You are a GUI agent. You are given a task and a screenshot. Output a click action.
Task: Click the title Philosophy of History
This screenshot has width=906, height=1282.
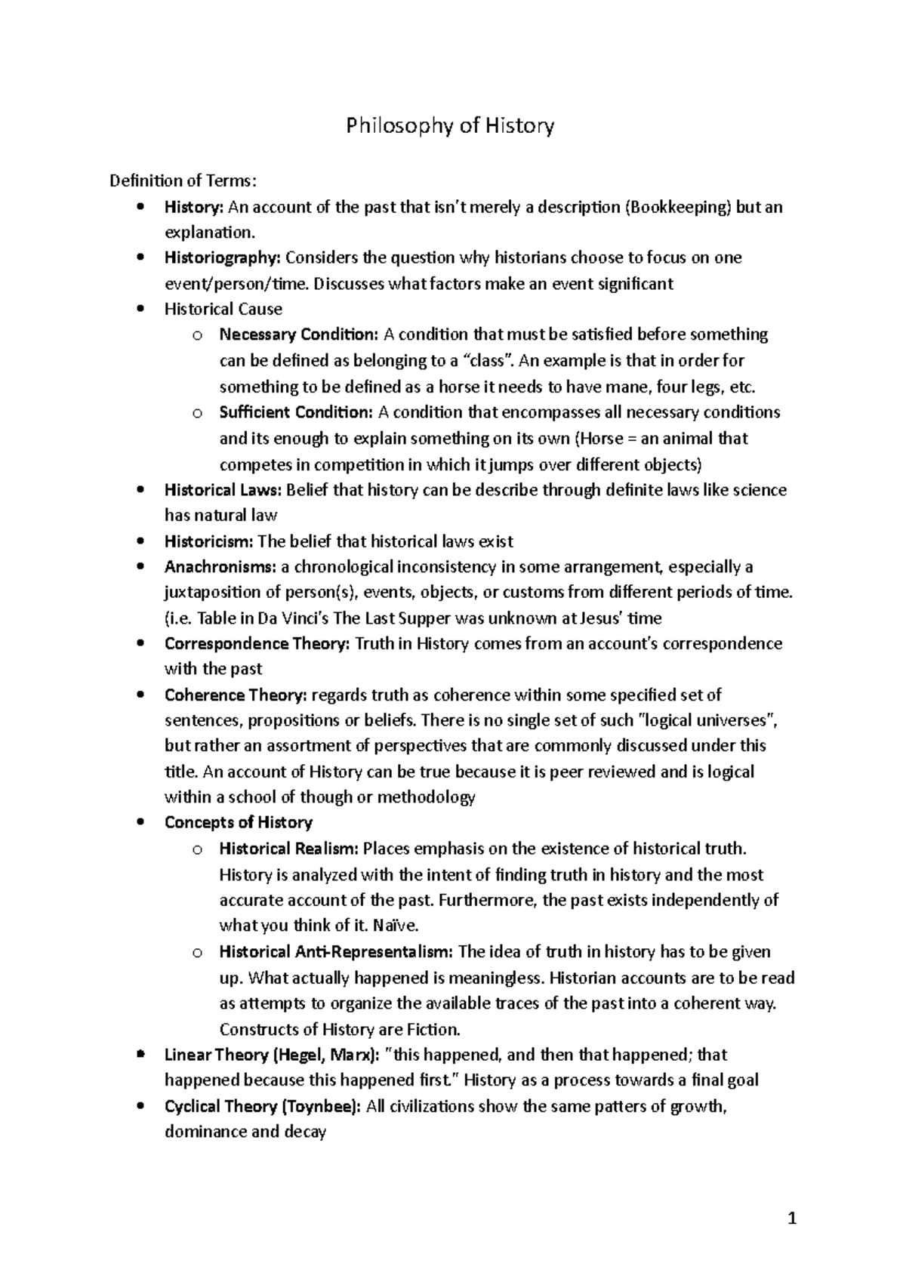pos(450,125)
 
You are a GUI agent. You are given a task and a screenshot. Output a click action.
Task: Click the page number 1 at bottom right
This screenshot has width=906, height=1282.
pos(792,1219)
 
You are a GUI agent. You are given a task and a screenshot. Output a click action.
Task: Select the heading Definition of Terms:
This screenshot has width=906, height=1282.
pos(183,180)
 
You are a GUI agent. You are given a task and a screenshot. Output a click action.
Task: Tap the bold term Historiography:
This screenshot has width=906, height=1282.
pos(223,258)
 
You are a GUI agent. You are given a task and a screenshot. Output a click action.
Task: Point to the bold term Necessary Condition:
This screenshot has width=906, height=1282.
pos(298,334)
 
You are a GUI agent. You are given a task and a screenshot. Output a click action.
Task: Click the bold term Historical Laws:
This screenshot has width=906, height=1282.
pos(223,490)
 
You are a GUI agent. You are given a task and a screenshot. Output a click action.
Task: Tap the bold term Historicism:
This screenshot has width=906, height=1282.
pos(209,541)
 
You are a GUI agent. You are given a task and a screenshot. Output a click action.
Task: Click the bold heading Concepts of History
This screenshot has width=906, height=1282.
pos(239,822)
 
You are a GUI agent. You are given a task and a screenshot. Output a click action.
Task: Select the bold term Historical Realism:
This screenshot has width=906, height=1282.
pos(288,849)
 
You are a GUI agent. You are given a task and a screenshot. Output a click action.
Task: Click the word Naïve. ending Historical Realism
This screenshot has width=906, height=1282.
pos(396,926)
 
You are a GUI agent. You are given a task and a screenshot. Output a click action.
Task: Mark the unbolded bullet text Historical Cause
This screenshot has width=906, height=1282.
pos(223,309)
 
